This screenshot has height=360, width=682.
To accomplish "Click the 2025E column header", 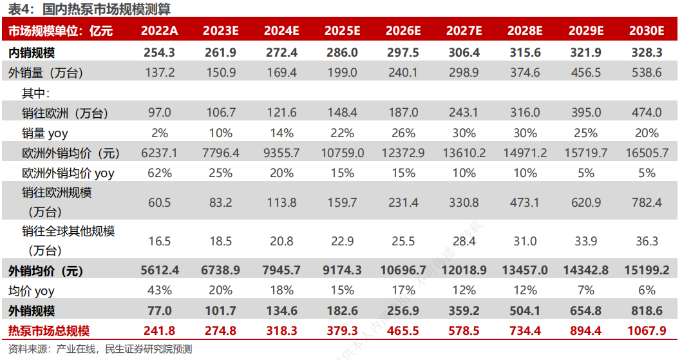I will point(342,30).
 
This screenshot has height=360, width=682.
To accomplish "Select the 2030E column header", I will point(646,30).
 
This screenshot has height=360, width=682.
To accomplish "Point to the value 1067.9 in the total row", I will point(646,331).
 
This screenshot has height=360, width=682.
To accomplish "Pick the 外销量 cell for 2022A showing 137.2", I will point(160,73).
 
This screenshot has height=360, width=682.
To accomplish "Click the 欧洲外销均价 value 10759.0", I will point(342,153).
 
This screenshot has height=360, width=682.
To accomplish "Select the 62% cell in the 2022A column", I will point(160,173).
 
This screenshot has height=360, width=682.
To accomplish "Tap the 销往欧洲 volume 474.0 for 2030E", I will point(646,113).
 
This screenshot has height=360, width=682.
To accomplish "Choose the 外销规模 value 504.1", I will point(524,311).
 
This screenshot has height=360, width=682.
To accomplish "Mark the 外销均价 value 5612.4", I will point(160,270).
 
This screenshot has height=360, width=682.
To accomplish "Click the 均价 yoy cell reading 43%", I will point(160,290).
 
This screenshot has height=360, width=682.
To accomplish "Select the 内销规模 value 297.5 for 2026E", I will point(403,53).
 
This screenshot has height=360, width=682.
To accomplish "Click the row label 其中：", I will point(41,93).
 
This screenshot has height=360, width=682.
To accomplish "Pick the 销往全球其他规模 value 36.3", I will point(646,242).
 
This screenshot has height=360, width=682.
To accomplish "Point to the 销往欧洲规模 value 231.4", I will point(403,203).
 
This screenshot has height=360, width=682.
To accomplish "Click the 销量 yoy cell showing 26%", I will point(403,133).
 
